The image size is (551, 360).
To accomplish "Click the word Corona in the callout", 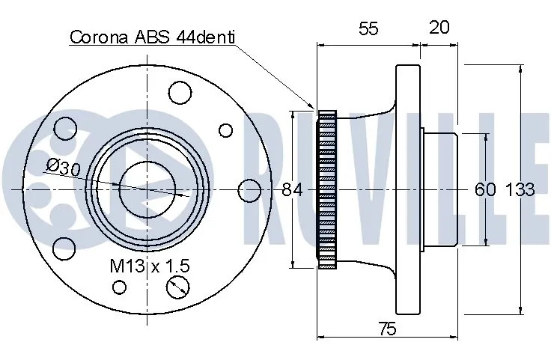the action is (x=99, y=37).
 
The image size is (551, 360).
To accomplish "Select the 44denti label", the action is (x=206, y=37).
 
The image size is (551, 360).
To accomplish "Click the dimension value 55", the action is (x=368, y=28).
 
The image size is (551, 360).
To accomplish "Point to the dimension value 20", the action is (x=439, y=27).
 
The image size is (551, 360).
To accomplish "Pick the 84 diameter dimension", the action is (x=292, y=190).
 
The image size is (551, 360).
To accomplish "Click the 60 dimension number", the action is (x=485, y=189).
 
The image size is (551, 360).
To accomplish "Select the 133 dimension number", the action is (x=520, y=189).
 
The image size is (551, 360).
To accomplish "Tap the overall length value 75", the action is (x=387, y=329).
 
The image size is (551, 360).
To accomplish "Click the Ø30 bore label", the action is (x=64, y=168).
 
